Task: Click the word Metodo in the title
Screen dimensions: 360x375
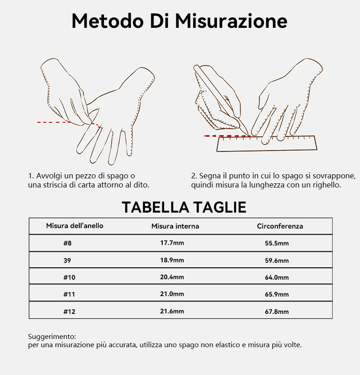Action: pos(108,21)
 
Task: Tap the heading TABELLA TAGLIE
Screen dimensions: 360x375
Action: pos(184,207)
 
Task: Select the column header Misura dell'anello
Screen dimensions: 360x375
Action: pos(75,226)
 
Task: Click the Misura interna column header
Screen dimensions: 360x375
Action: pos(175,226)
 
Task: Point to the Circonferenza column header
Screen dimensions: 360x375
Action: pos(280,226)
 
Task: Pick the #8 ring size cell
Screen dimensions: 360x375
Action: pos(67,243)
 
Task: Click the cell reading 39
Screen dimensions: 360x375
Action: pos(67,260)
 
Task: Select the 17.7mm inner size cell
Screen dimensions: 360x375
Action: pos(172,243)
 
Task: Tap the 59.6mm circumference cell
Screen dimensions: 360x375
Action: pos(277,260)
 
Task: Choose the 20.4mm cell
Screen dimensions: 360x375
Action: pos(172,277)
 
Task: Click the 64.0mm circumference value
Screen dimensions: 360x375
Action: pos(277,277)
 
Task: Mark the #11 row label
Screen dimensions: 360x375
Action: pos(69,294)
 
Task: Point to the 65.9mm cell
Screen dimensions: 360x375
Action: pos(277,294)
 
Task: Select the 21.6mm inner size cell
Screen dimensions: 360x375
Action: pos(172,312)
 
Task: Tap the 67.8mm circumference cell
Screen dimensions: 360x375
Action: pos(277,312)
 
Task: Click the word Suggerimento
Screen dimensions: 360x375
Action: pos(52,337)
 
